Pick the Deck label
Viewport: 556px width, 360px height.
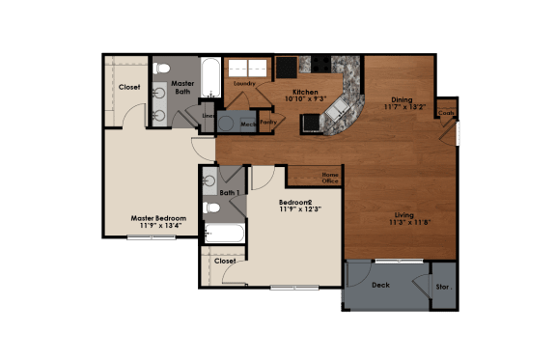click(x=380, y=285)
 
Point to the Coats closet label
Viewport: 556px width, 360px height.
click(x=445, y=113)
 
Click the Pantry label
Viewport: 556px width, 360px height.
click(x=268, y=123)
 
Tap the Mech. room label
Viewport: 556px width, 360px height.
click(x=247, y=125)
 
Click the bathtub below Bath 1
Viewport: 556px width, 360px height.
click(x=224, y=234)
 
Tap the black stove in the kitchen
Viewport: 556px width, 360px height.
click(x=287, y=67)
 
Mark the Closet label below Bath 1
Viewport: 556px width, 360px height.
click(x=225, y=261)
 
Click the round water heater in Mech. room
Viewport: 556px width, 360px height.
click(x=226, y=124)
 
